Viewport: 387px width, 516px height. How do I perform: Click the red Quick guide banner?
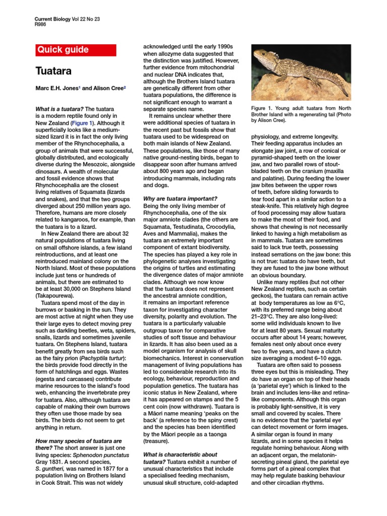point(76,50)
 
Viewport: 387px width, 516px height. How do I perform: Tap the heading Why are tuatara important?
point(181,199)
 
